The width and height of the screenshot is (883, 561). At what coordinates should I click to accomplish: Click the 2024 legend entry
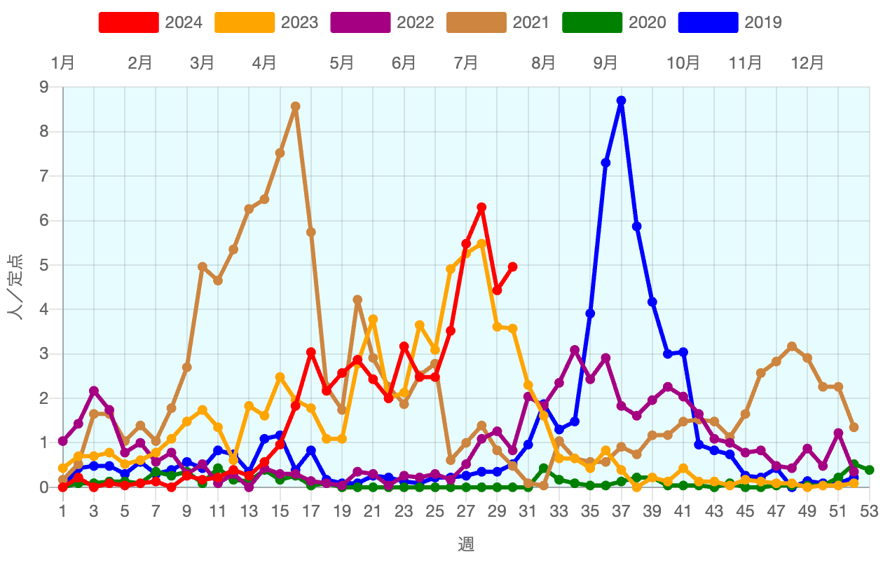coord(151,22)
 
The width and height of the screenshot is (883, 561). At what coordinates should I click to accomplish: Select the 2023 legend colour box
coord(244,22)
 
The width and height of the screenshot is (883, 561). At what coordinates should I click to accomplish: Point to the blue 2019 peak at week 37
coord(621,101)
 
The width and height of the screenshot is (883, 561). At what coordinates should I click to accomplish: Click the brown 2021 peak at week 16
coord(295,107)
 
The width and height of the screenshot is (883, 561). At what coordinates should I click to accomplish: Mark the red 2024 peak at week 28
coord(481,208)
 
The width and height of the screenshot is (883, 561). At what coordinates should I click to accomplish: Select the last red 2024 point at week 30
coord(512,266)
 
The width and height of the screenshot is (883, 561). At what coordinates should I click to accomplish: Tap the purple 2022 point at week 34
coord(575,350)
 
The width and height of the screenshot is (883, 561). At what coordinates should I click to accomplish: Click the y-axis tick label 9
coord(44,88)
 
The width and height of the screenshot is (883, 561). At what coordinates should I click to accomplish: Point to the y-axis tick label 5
coord(44,265)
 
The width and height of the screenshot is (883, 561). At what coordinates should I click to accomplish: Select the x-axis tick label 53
coord(869,512)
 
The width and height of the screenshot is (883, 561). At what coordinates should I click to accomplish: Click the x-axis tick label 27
coord(466,512)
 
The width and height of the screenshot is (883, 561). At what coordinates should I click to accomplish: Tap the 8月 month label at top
coord(543,63)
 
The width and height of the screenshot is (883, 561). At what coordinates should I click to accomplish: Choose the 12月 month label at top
coord(807,63)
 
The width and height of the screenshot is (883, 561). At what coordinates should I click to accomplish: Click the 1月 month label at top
coord(63,63)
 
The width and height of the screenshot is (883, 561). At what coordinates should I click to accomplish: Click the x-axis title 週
coord(466,543)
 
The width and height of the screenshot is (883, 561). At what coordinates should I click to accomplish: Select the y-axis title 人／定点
coord(15,287)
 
